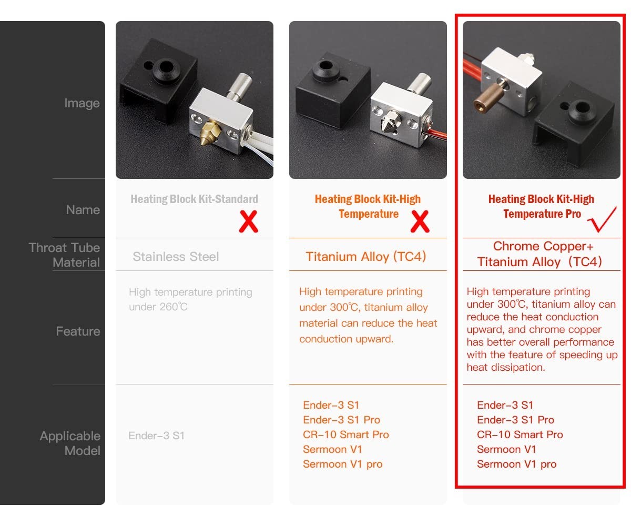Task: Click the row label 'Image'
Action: (82, 103)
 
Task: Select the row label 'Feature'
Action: (78, 331)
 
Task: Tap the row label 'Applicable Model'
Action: (70, 443)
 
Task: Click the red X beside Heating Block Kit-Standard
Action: (248, 222)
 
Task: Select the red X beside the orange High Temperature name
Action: (419, 222)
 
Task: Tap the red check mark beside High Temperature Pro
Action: (603, 220)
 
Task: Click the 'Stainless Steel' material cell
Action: (176, 257)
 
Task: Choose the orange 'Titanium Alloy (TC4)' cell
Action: (366, 257)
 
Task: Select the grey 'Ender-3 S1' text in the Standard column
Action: (156, 436)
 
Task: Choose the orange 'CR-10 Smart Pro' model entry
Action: (346, 434)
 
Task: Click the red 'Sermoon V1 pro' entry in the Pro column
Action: (516, 464)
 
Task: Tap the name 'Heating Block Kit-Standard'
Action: (194, 199)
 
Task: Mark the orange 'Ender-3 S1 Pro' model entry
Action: (341, 420)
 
